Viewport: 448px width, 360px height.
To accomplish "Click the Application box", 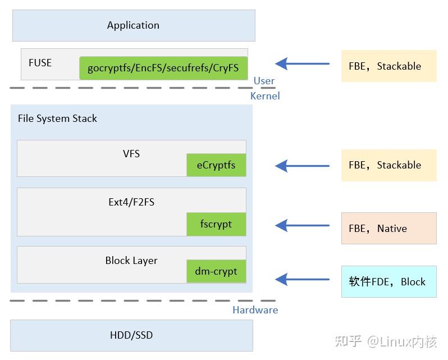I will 133,25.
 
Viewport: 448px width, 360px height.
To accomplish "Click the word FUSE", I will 40,63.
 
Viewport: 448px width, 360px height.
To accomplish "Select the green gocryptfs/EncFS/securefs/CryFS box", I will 163,68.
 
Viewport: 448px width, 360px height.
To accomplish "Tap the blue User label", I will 264,81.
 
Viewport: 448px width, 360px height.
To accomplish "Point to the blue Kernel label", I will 265,96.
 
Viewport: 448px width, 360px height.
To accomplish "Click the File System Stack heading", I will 57,119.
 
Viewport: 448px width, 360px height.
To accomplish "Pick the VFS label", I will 131,153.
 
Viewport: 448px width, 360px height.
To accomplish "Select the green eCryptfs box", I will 216,165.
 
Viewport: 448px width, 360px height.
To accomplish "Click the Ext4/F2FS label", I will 131,202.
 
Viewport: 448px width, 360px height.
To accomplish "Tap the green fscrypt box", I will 216,224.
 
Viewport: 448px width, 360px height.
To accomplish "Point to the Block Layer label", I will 131,261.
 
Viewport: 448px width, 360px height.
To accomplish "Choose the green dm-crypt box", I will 216,272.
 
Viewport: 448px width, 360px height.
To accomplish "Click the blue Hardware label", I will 255,310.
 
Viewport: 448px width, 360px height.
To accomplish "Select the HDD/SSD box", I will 131,335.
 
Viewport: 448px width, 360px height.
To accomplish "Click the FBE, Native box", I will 388,228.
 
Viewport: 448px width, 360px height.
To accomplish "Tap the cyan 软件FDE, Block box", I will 388,281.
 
